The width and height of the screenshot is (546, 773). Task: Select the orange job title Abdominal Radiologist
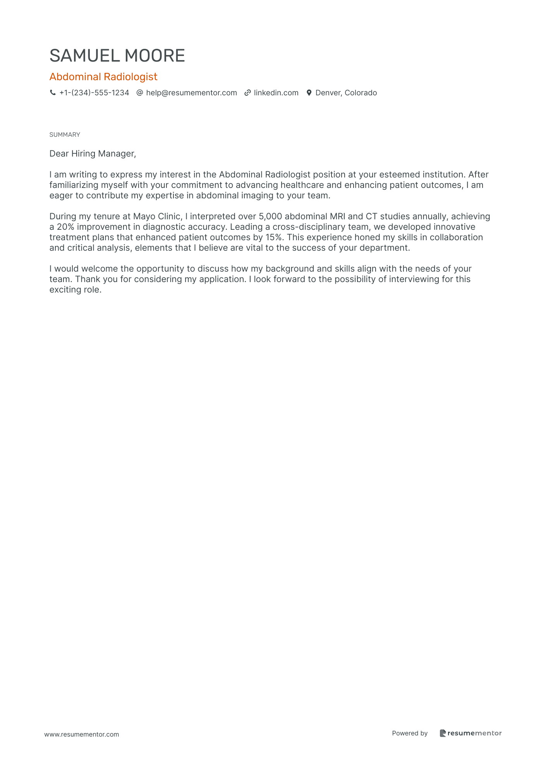[x=103, y=77]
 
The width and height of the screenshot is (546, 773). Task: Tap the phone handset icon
[x=53, y=93]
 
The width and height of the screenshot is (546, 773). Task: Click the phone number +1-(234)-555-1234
[x=94, y=93]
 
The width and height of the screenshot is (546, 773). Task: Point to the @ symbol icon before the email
[x=140, y=93]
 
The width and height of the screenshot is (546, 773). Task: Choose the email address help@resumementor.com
[x=191, y=93]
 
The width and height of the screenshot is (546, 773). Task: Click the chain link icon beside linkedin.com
[x=247, y=93]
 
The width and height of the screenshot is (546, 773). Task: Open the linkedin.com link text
[x=276, y=93]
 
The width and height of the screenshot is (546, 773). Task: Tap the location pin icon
[x=309, y=93]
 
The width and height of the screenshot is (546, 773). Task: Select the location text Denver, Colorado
[x=346, y=93]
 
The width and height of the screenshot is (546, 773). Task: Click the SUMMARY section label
[x=65, y=134]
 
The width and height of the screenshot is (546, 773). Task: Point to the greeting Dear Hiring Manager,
[x=93, y=153]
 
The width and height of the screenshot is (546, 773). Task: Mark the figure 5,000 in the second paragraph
[x=270, y=216]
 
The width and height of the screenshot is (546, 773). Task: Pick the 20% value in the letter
[x=65, y=227]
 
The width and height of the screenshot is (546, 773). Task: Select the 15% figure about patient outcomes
[x=273, y=237]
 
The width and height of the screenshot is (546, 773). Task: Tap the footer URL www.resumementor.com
[x=82, y=734]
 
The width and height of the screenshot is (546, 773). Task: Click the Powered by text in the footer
[x=410, y=733]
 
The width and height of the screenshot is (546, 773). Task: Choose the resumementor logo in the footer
[x=470, y=733]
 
